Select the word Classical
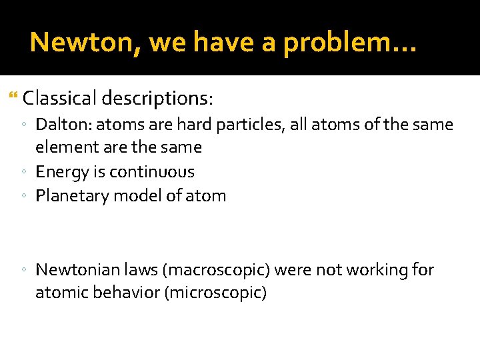pyautogui.click(x=59, y=99)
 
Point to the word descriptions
pyautogui.click(x=157, y=99)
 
